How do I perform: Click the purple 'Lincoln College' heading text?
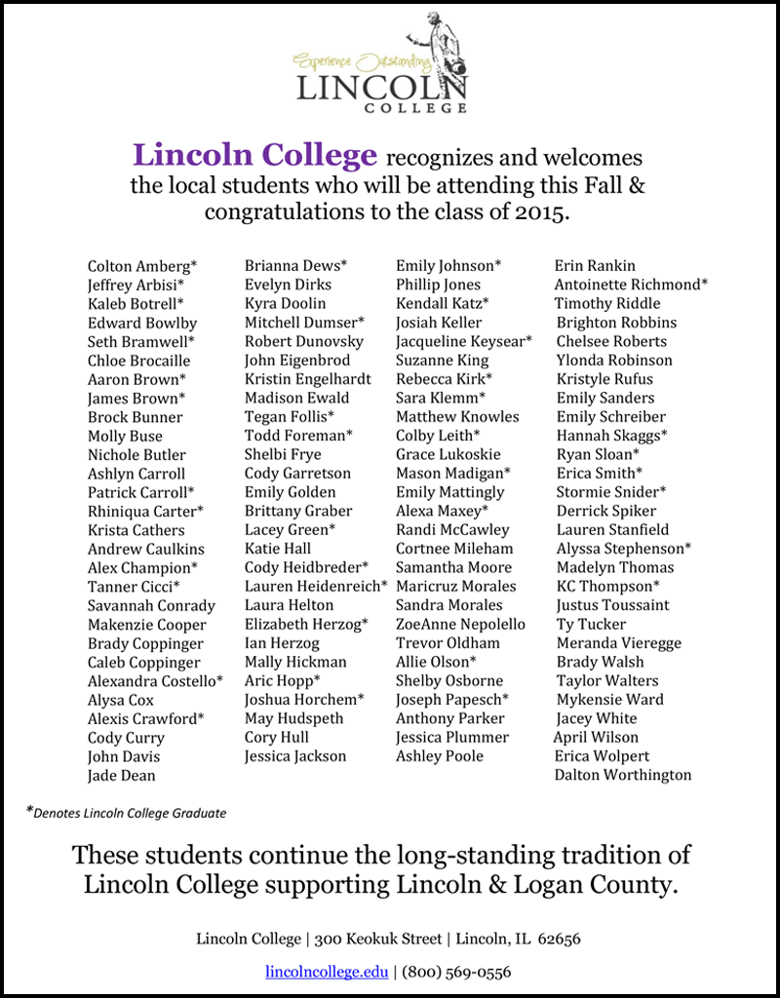pyautogui.click(x=254, y=155)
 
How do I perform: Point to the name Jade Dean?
pyautogui.click(x=121, y=776)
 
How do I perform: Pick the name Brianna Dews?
pyautogui.click(x=295, y=266)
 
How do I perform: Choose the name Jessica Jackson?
pyautogui.click(x=295, y=756)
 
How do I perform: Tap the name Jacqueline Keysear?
pyautogui.click(x=463, y=341)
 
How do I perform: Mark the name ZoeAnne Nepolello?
pyautogui.click(x=460, y=625)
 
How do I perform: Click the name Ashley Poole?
pyautogui.click(x=439, y=756)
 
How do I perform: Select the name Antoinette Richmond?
pyautogui.click(x=631, y=285)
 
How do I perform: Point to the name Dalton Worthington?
pyautogui.click(x=623, y=776)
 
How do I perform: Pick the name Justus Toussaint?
pyautogui.click(x=612, y=605)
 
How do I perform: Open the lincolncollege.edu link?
pyautogui.click(x=327, y=972)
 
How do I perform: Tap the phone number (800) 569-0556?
pyautogui.click(x=456, y=972)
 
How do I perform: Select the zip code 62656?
pyautogui.click(x=560, y=940)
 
